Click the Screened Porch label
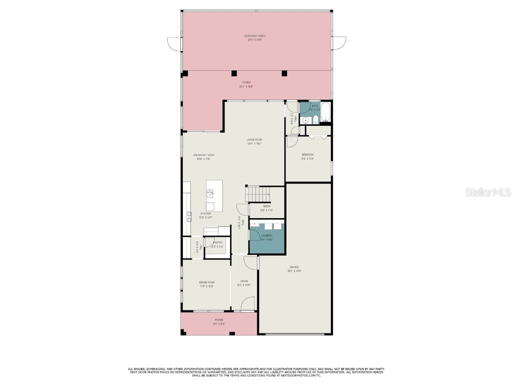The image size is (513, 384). pyautogui.click(x=254, y=36)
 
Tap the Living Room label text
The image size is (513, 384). pyautogui.click(x=254, y=140)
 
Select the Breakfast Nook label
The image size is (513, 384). pyautogui.click(x=203, y=155)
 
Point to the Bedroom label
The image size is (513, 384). pyautogui.click(x=307, y=155)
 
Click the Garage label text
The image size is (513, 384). pyautogui.click(x=294, y=267)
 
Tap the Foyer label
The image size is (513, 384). pyautogui.click(x=244, y=281)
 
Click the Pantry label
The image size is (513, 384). pyautogui.click(x=217, y=243)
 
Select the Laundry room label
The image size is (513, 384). pyautogui.click(x=267, y=235)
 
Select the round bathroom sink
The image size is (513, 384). pyautogui.click(x=305, y=119)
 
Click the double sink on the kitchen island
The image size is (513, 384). pyautogui.click(x=210, y=193)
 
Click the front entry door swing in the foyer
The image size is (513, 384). pyautogui.click(x=247, y=304)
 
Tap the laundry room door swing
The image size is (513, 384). pyautogui.click(x=254, y=232)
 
